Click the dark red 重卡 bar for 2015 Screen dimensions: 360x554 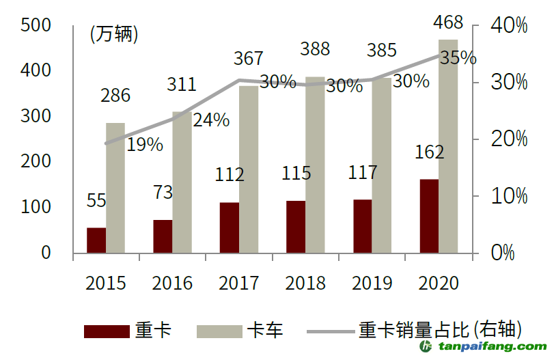[x=96, y=240]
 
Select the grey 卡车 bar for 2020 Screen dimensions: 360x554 [x=448, y=146]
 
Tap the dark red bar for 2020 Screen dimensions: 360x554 [x=429, y=216]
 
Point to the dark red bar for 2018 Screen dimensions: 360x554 [x=296, y=227]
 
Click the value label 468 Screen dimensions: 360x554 [x=448, y=23]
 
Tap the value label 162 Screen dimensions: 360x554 [x=429, y=152]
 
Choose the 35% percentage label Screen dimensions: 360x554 [x=458, y=58]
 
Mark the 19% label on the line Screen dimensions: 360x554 [x=145, y=144]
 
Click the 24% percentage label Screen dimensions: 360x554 [x=211, y=120]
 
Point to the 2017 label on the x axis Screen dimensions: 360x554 [x=239, y=283]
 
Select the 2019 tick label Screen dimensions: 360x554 [x=372, y=283]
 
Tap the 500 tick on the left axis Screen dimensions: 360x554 [x=37, y=25]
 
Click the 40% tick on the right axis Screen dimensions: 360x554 [x=509, y=26]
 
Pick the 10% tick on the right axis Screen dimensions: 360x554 [x=509, y=197]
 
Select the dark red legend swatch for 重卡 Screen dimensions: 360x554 [x=107, y=332]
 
